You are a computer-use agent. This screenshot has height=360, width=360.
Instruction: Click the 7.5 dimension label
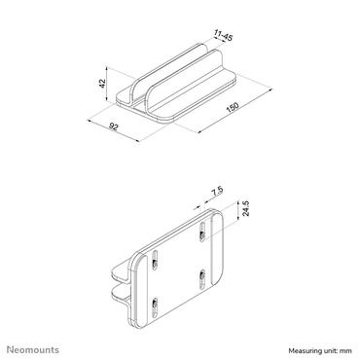point(217,190)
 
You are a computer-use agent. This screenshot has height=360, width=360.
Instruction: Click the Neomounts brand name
point(36,348)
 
